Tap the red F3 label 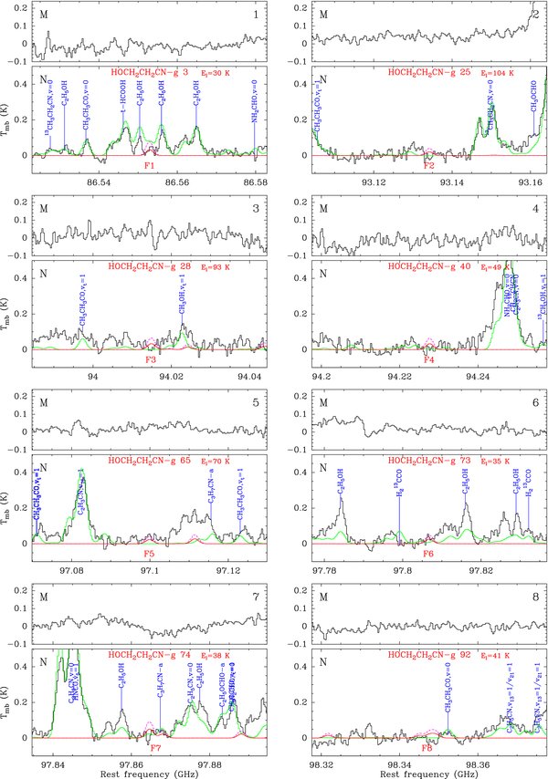click(152, 360)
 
